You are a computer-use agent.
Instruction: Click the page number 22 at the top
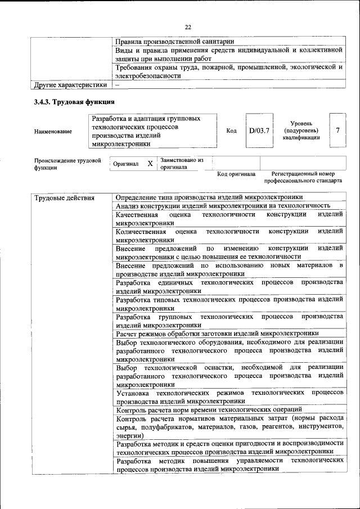pos(188,27)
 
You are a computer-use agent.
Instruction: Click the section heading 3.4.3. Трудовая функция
pos(75,102)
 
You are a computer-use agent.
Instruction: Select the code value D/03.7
pos(259,130)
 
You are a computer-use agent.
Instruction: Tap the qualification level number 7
pos(337,130)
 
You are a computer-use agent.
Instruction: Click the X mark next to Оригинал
pos(150,164)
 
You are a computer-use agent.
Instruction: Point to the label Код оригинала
pos(236,174)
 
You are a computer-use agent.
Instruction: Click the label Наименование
pos(53,131)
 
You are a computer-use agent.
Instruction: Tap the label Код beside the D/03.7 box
pos(231,131)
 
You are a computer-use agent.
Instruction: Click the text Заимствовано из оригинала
pos(181,164)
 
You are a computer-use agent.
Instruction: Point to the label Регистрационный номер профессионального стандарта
pos(303,178)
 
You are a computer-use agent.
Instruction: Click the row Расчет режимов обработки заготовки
pos(217,334)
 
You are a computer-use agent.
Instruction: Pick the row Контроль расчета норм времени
pos(209,409)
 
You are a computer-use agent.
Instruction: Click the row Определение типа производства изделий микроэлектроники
pos(209,197)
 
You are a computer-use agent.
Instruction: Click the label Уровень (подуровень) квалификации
pos(301,130)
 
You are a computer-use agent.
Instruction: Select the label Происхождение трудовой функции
pos(67,164)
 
